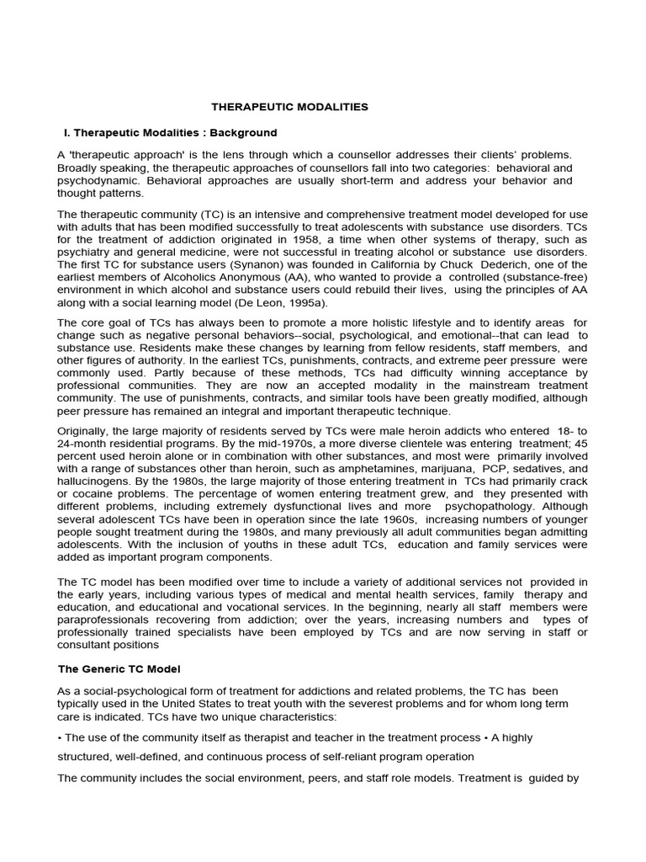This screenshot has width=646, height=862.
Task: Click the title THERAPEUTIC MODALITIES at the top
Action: point(289,107)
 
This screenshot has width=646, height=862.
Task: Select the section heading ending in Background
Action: point(171,133)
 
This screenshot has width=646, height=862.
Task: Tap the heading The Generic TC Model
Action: point(119,668)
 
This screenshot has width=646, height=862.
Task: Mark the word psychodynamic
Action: point(92,180)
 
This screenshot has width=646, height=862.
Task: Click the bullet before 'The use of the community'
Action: point(60,737)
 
